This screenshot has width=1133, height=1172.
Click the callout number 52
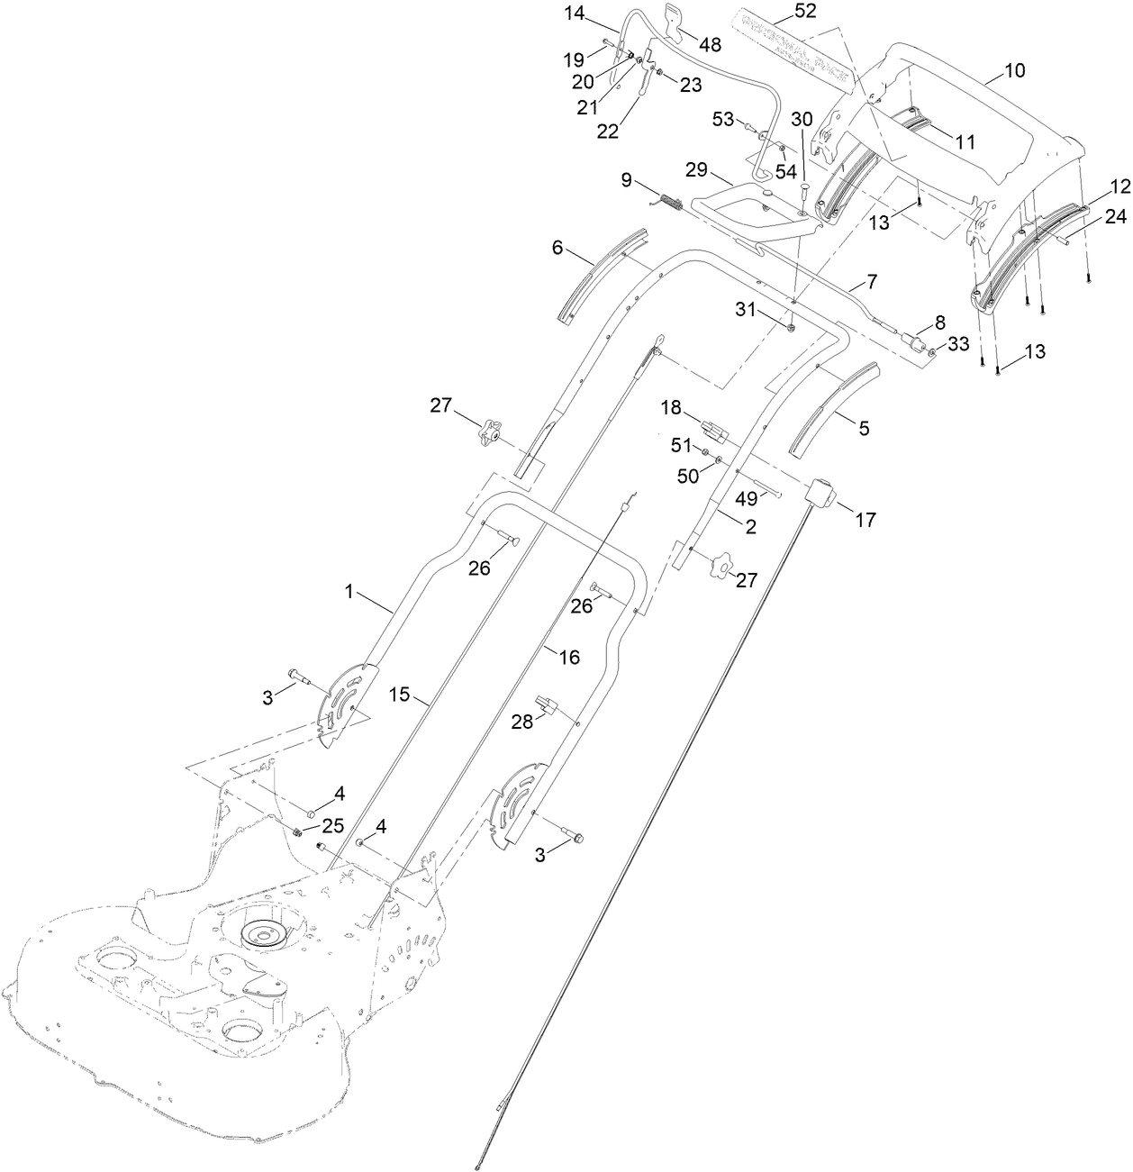coord(781,11)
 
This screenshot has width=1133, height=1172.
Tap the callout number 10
coord(1014,70)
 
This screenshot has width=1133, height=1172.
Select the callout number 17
coord(865,520)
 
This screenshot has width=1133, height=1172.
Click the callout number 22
coord(608,131)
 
